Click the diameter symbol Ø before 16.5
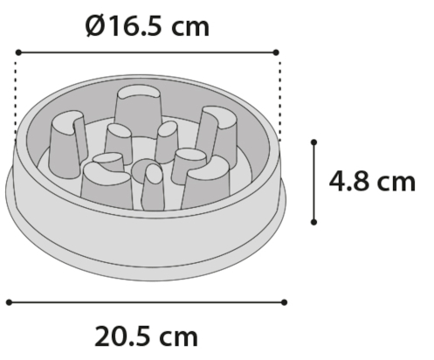(x=97, y=25)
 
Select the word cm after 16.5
(x=190, y=26)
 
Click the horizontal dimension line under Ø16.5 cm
(x=148, y=52)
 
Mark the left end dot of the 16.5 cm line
(x=17, y=52)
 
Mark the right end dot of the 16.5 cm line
(x=279, y=52)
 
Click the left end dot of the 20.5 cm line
(x=9, y=301)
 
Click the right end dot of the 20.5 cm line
(x=285, y=301)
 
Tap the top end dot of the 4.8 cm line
(x=313, y=140)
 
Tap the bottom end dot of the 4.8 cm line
(x=313, y=224)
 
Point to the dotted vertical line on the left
(x=17, y=96)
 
